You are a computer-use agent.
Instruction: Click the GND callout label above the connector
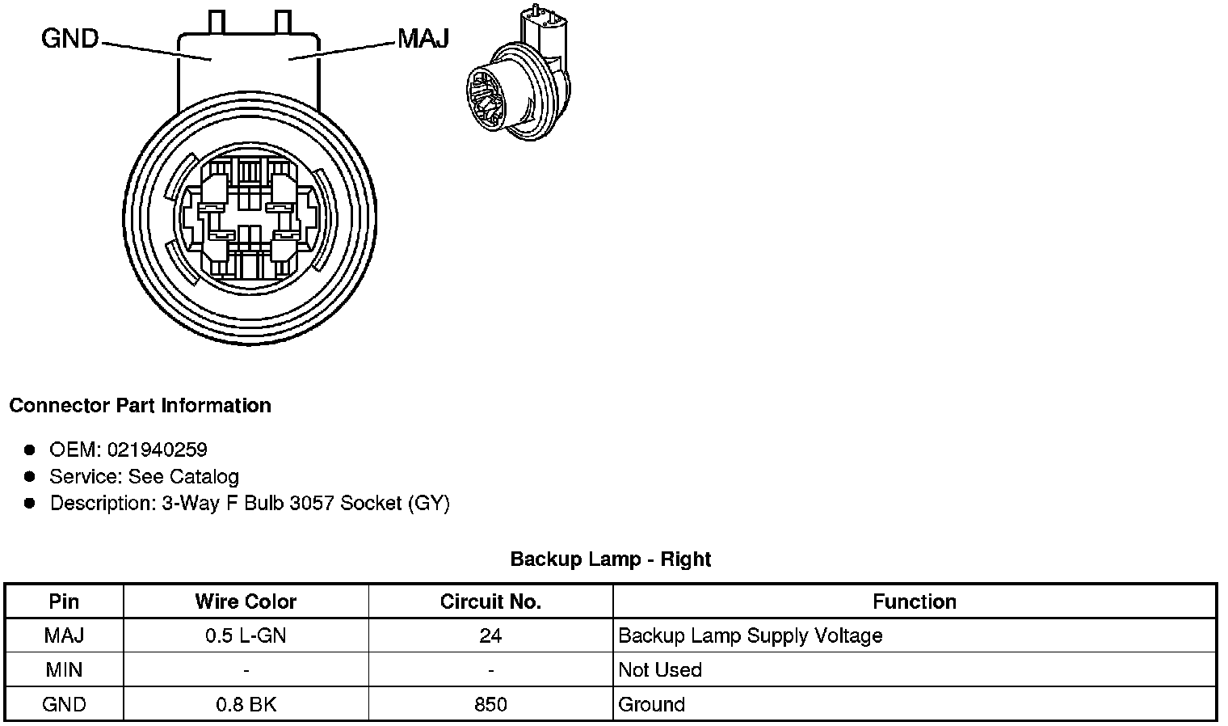pyautogui.click(x=69, y=38)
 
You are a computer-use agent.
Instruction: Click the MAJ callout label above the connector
pyautogui.click(x=423, y=38)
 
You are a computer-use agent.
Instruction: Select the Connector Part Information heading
pyautogui.click(x=140, y=406)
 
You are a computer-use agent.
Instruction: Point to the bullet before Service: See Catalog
pyautogui.click(x=30, y=476)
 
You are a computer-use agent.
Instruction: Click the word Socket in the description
pyautogui.click(x=371, y=503)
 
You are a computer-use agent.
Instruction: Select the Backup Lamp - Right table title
pyautogui.click(x=611, y=559)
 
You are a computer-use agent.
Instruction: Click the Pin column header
pyautogui.click(x=64, y=601)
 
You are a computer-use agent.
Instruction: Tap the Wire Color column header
pyautogui.click(x=246, y=601)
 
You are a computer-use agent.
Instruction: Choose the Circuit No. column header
pyautogui.click(x=490, y=601)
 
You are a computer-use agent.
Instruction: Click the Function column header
pyautogui.click(x=915, y=601)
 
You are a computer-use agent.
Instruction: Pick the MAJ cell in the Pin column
pyautogui.click(x=64, y=635)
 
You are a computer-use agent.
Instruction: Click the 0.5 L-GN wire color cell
pyautogui.click(x=246, y=635)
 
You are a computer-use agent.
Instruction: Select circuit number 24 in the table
pyautogui.click(x=490, y=635)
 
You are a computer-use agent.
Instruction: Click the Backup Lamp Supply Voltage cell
pyautogui.click(x=750, y=635)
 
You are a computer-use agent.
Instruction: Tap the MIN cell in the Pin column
pyautogui.click(x=64, y=670)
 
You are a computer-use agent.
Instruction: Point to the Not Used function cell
pyautogui.click(x=660, y=670)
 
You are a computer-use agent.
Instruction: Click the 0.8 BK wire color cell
pyautogui.click(x=246, y=705)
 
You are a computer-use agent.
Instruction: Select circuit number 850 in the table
pyautogui.click(x=490, y=705)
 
